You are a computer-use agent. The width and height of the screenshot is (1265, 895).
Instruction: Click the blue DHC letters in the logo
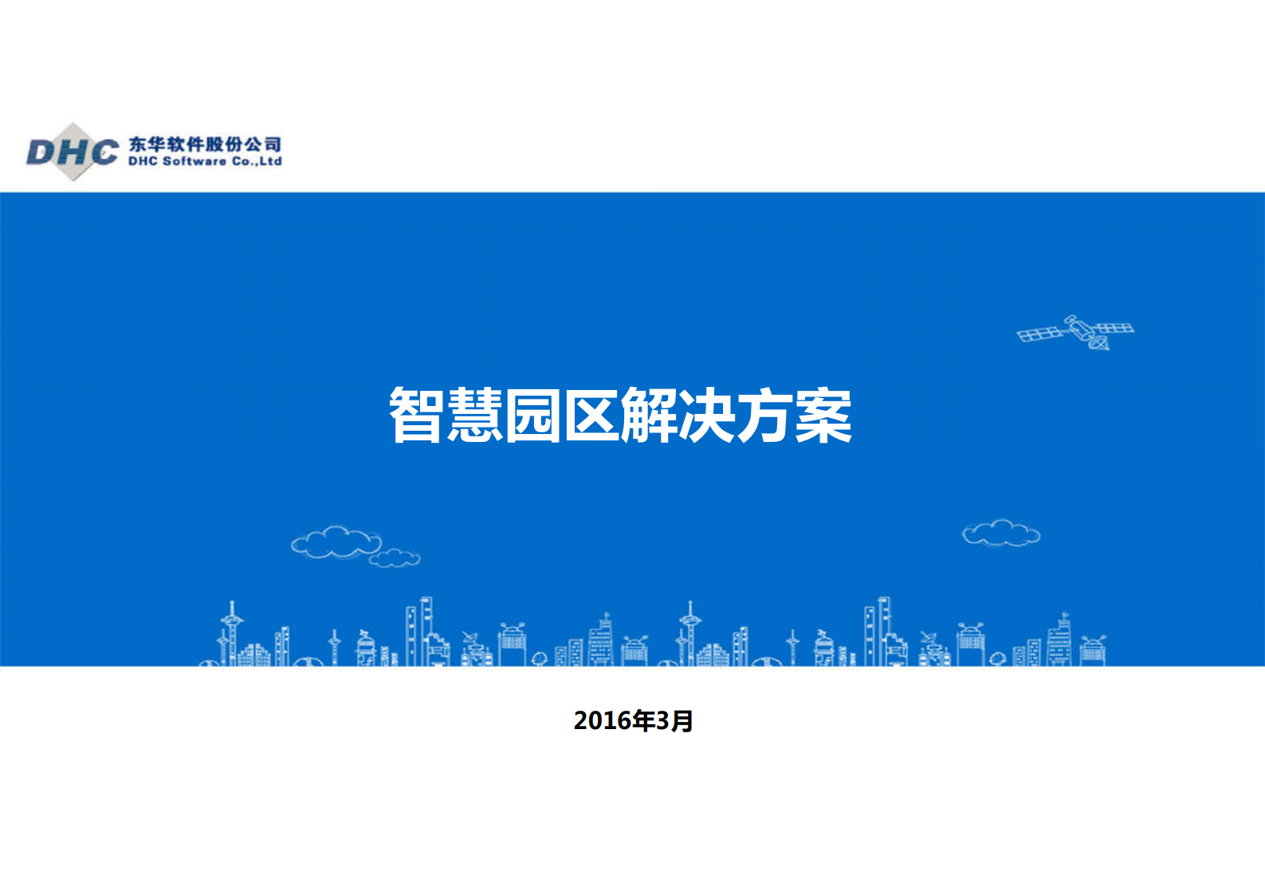pyautogui.click(x=73, y=152)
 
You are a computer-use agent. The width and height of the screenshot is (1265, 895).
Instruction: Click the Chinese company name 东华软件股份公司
pyautogui.click(x=205, y=144)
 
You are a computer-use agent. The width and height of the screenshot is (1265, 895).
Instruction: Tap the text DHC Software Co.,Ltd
pyautogui.click(x=205, y=161)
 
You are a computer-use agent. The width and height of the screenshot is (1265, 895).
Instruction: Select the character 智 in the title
pyautogui.click(x=416, y=415)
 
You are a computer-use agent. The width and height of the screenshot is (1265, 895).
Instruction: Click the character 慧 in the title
pyautogui.click(x=474, y=415)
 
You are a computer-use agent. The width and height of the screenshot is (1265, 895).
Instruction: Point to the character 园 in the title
pyautogui.click(x=532, y=415)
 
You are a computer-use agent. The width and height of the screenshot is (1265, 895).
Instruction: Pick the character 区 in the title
pyautogui.click(x=591, y=415)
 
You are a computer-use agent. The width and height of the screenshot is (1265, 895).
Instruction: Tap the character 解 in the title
pyautogui.click(x=649, y=415)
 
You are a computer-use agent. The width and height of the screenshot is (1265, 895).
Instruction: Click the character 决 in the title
pyautogui.click(x=707, y=415)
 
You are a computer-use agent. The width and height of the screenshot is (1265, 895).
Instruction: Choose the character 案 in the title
pyautogui.click(x=823, y=415)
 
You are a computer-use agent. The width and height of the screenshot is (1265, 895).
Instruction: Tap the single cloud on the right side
pyautogui.click(x=1001, y=533)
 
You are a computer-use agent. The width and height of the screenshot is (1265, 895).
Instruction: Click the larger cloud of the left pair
pyautogui.click(x=335, y=542)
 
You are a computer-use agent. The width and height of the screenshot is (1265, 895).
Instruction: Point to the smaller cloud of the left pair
pyautogui.click(x=395, y=558)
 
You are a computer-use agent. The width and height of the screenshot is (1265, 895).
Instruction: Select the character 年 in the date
pyautogui.click(x=643, y=721)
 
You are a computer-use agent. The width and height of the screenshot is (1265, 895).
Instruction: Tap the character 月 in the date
pyautogui.click(x=682, y=721)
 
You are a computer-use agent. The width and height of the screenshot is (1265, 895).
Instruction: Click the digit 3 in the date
pyautogui.click(x=662, y=721)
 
